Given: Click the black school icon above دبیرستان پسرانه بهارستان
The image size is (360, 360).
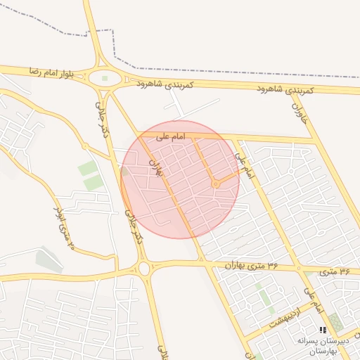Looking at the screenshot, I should pyautogui.click(x=322, y=330).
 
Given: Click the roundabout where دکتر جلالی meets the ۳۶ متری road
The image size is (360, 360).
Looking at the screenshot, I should pyautogui.click(x=144, y=268).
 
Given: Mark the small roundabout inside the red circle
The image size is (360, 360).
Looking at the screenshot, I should pyautogui.click(x=216, y=184).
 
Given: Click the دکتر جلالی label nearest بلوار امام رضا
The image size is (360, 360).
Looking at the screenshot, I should pyautogui.click(x=101, y=115).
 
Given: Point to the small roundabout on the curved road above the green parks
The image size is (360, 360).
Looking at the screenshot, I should pyautogui.click(x=85, y=146).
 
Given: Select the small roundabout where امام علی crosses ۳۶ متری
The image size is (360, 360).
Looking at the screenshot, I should pyautogui.click(x=299, y=269).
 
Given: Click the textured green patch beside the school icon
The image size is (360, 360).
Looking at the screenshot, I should pyautogui.click(x=335, y=323).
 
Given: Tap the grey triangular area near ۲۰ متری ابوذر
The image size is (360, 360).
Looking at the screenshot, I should pyautogui.click(x=48, y=258).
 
